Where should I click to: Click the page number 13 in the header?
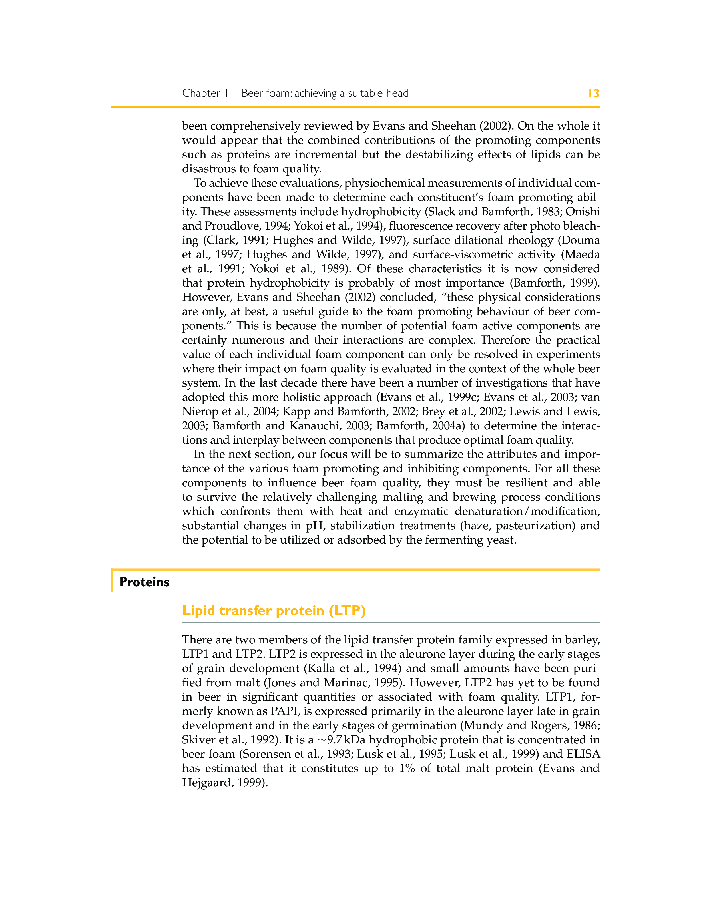click(x=594, y=94)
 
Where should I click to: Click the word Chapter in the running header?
click(x=201, y=94)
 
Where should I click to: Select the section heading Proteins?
click(x=144, y=582)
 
